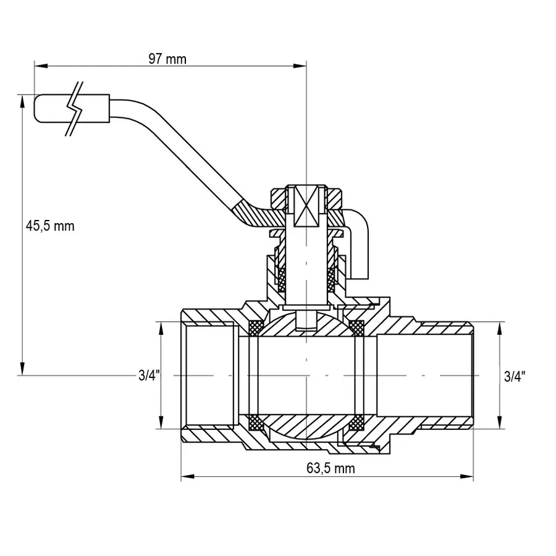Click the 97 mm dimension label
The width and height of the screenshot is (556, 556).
167,59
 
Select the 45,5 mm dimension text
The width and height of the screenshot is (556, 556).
50,226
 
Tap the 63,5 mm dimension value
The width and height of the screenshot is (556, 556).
331,468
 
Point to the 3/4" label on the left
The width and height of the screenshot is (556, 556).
149,375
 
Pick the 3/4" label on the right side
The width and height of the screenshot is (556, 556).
515,375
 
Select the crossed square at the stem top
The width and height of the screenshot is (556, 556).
306,206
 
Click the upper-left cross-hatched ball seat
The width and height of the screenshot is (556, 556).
255,327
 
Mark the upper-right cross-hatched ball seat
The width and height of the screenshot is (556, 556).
356,327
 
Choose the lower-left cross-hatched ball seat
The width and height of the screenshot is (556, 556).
255,423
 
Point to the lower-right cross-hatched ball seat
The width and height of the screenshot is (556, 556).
356,423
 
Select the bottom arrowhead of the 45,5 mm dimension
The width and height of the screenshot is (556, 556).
22,370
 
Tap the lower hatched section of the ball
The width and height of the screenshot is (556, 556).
306,426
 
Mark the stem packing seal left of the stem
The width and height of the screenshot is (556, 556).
282,280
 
